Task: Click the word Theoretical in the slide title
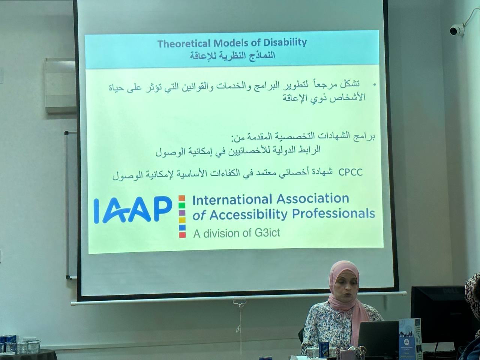click(x=184, y=43)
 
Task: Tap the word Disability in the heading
click(x=285, y=43)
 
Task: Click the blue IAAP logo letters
click(x=133, y=210)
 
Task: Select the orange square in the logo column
click(x=182, y=198)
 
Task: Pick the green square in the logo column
click(x=182, y=205)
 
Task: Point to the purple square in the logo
click(x=182, y=213)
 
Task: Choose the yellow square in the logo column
click(x=182, y=220)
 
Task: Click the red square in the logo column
click(x=182, y=235)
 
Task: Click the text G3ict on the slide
click(x=267, y=233)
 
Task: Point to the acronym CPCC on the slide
click(x=350, y=172)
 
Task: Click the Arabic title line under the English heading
click(x=232, y=56)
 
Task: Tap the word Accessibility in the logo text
click(x=248, y=214)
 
